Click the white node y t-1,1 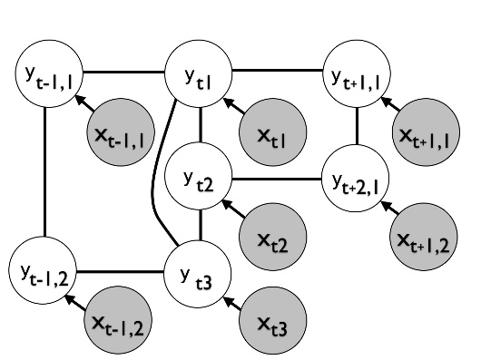pos(45,72)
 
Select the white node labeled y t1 pos(199,72)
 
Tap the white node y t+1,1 pos(356,72)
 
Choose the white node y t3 pos(200,268)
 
